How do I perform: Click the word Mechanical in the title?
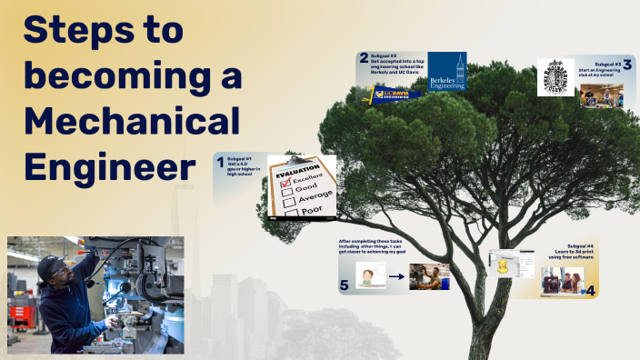pos(132,121)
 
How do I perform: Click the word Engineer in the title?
pos(109,166)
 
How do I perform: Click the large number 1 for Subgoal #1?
pos(220,164)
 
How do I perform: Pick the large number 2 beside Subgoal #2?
pos(364,58)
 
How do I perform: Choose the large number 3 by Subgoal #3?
pos(627,65)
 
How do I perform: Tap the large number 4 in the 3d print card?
pos(590,291)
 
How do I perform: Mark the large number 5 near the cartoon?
pos(345,285)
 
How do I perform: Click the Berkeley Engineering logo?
pos(446,72)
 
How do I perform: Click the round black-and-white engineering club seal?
pos(555,77)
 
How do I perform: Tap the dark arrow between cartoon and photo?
pos(396,276)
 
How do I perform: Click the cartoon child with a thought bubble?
pos(366,276)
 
